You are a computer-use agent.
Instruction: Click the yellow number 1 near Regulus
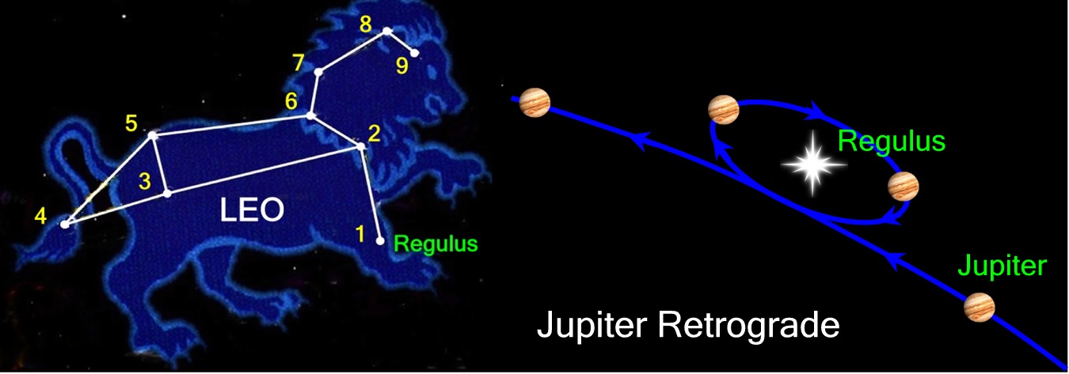click(x=360, y=234)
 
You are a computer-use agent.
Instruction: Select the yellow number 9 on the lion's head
click(x=402, y=66)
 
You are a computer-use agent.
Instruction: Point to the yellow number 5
click(x=131, y=123)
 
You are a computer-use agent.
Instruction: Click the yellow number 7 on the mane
click(x=298, y=62)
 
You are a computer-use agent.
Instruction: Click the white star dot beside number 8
click(x=387, y=32)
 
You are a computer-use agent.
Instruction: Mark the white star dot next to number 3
click(x=167, y=193)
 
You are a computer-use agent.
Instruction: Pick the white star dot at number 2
click(x=362, y=146)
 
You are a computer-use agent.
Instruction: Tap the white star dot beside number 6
click(x=310, y=116)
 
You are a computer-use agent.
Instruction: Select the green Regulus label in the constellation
click(x=436, y=244)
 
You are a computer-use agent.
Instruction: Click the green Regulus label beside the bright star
click(x=892, y=142)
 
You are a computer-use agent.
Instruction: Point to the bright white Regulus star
click(x=814, y=166)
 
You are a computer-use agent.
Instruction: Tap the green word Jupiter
click(x=1002, y=266)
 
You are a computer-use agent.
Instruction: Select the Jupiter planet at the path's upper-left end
click(x=535, y=101)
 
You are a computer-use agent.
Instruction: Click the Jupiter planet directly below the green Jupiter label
click(x=980, y=308)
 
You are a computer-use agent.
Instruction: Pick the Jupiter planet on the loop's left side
click(x=724, y=109)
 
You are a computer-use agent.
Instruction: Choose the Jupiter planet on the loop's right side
click(x=903, y=186)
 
